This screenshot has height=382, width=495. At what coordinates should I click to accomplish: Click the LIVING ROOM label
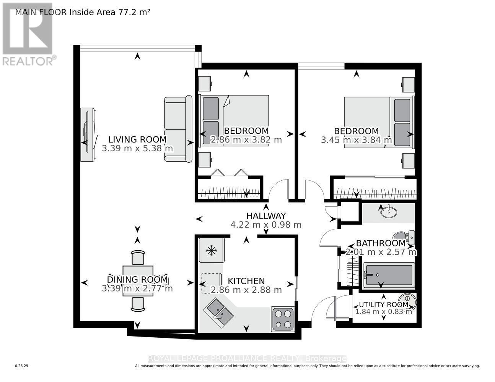click(137, 139)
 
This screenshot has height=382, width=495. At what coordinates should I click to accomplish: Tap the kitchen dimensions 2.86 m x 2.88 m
click(241, 290)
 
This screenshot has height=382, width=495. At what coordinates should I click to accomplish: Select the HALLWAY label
click(266, 216)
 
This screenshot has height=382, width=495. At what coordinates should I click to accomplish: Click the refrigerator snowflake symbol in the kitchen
click(211, 251)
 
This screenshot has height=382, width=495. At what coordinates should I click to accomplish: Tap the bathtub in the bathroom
click(389, 275)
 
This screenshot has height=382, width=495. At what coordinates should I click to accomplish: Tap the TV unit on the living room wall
click(88, 134)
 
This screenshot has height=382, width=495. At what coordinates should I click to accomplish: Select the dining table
click(138, 281)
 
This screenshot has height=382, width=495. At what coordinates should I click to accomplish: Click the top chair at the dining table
click(138, 257)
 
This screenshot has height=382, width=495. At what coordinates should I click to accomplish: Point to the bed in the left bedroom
click(234, 121)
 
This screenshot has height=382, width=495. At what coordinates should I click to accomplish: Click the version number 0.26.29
click(22, 366)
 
